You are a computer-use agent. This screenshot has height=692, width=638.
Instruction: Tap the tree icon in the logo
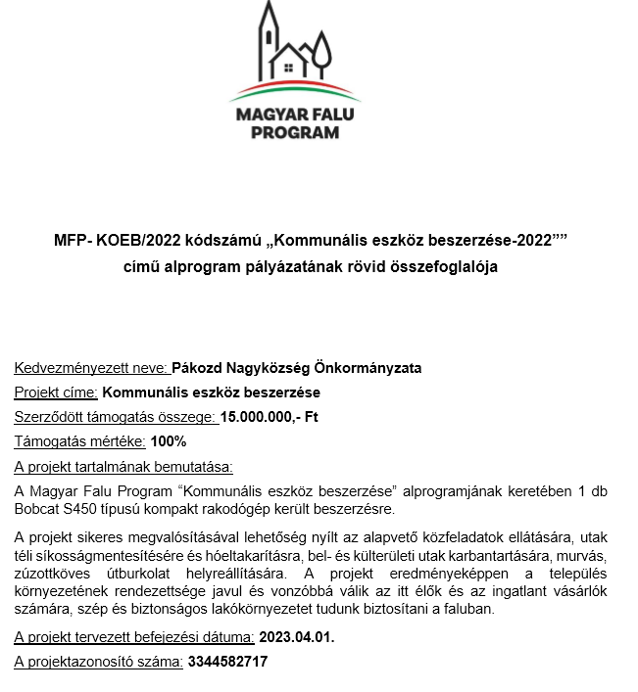coord(321,54)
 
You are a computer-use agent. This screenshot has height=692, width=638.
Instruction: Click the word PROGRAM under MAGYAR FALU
coord(295,132)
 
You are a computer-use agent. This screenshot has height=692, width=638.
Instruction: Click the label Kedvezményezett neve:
coord(92,368)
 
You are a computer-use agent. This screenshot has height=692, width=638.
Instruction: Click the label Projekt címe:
coord(56,392)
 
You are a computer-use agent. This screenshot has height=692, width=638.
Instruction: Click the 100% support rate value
coord(169,441)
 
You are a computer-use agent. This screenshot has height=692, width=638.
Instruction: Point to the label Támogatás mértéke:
coord(79,441)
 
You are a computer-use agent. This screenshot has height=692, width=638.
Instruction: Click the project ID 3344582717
coord(226,662)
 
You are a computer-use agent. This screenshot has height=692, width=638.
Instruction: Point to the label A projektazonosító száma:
coord(98,662)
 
